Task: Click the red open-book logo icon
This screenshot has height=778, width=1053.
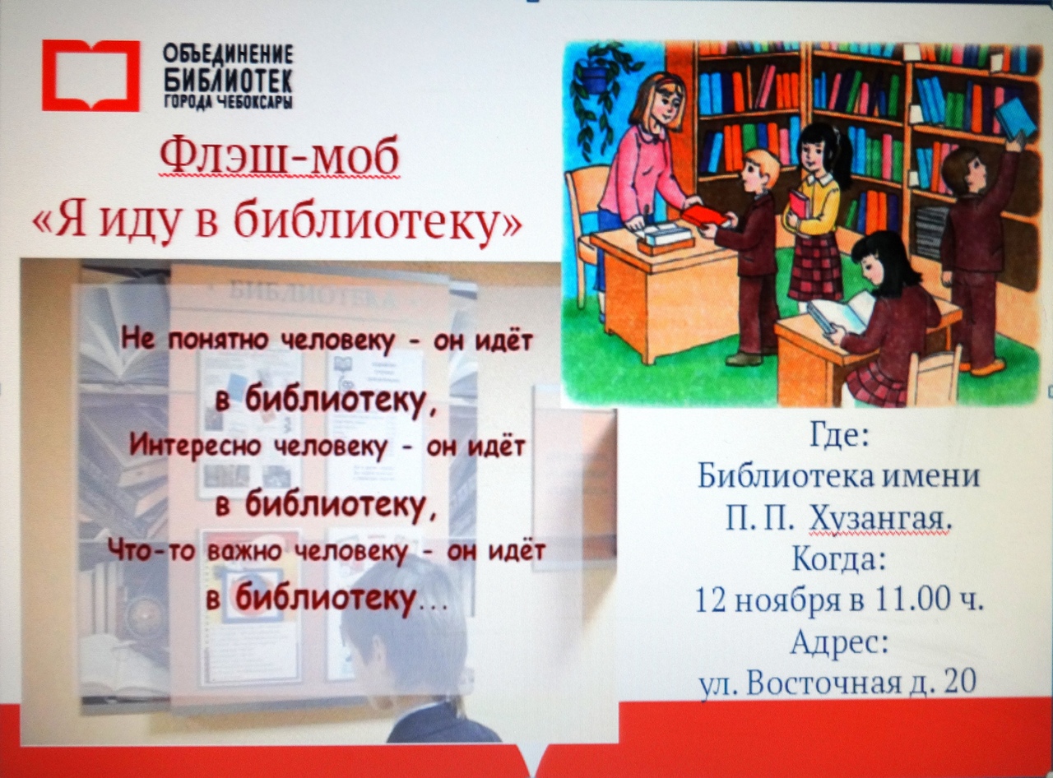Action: [x=90, y=76]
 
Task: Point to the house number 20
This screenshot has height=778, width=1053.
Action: [x=960, y=682]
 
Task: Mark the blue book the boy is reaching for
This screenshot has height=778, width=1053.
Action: [x=1015, y=118]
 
